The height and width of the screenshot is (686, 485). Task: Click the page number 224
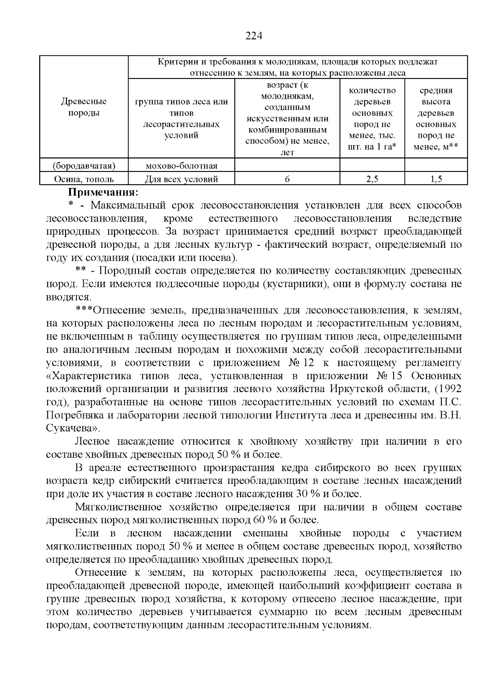pos(254,36)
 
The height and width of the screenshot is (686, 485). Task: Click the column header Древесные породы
pos(84,107)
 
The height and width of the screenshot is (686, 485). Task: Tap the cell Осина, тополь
pos(84,179)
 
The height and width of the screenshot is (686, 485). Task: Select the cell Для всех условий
pos(181,179)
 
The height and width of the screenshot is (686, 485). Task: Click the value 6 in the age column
pos(287,179)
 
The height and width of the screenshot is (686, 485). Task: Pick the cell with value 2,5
pos(372,179)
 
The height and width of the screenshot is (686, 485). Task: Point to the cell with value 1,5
pos(436,179)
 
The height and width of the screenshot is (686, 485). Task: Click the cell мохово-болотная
pos(181,166)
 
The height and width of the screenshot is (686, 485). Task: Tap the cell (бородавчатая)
pos(84,166)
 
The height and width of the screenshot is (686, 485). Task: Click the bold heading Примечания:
pos(103,192)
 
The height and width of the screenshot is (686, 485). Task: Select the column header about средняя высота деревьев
pos(436,118)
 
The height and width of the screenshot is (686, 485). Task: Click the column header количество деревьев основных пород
pos(372,118)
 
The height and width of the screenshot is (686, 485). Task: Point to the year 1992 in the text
pos(449,389)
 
